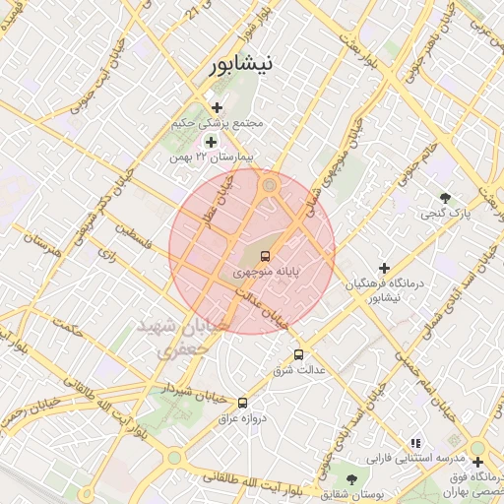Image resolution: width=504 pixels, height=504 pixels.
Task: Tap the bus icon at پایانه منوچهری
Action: tap(264, 255)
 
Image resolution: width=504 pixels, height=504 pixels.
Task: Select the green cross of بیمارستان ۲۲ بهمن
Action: tap(210, 143)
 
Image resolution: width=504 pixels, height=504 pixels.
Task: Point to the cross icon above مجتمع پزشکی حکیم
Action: tap(217, 107)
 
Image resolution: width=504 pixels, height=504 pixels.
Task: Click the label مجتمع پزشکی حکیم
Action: tap(219, 124)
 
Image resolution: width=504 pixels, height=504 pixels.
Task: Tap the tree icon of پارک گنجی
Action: tap(446, 197)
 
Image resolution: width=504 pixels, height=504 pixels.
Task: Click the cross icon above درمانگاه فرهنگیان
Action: tap(384, 268)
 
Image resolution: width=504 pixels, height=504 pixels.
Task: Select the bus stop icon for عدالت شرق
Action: tap(298, 354)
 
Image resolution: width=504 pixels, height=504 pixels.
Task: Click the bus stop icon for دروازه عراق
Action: tap(242, 402)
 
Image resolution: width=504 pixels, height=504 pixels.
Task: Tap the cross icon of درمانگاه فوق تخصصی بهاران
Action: tap(477, 462)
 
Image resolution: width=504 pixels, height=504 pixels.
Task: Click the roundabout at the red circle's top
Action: tap(269, 184)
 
